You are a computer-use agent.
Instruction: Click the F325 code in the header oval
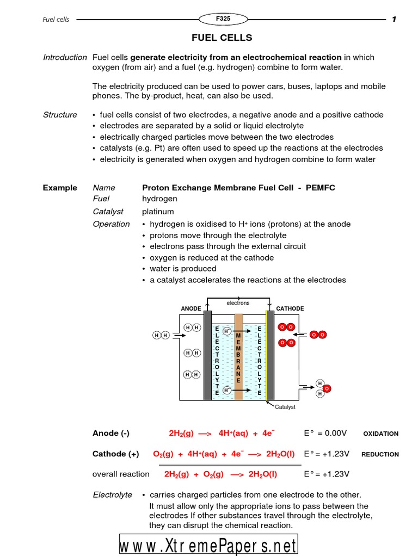223,19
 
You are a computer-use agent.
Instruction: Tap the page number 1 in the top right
394,20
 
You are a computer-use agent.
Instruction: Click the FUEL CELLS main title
222,38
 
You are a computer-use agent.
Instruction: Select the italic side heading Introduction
65,57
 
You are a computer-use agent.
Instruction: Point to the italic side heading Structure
60,115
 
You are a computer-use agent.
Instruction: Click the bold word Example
60,188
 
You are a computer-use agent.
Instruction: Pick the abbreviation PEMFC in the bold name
321,188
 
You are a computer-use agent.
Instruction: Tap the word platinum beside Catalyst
158,211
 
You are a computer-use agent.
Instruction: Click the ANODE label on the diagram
190,308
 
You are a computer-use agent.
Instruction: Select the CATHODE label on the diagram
290,308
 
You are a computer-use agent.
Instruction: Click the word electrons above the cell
238,302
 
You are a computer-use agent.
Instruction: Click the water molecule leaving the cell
323,388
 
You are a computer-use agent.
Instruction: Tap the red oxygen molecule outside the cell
318,335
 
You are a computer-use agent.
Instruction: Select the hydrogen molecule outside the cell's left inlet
161,335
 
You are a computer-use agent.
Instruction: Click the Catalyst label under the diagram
285,407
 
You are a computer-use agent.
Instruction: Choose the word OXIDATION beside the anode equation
380,434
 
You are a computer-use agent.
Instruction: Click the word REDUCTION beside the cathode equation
380,454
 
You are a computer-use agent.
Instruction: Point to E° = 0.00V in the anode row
325,433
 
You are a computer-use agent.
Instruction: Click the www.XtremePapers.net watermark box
209,546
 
